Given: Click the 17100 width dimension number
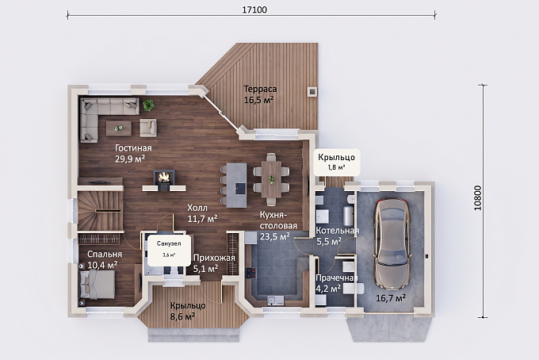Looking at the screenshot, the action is (x=254, y=10).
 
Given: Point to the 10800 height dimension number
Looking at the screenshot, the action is (x=478, y=198).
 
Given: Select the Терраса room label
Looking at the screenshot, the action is (x=260, y=89).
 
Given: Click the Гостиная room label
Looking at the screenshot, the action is (x=133, y=148).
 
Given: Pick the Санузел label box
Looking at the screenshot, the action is (x=169, y=250).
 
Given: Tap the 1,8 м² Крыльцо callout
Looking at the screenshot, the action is (x=337, y=162).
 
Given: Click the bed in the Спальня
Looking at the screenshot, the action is (x=97, y=285).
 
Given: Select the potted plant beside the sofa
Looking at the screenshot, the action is (x=148, y=105).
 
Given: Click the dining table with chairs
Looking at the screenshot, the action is (x=271, y=178).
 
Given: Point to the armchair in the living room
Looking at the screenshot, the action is (x=148, y=127).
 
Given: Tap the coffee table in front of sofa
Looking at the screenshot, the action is (x=119, y=128).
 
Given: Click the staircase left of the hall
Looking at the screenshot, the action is (x=100, y=210).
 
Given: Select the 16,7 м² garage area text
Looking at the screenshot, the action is (x=391, y=298).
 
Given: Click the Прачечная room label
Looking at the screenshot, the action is (x=337, y=278).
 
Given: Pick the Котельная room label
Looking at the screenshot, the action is (x=338, y=231).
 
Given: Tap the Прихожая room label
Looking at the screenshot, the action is (x=214, y=259).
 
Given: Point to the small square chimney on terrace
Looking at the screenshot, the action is (x=312, y=91).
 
